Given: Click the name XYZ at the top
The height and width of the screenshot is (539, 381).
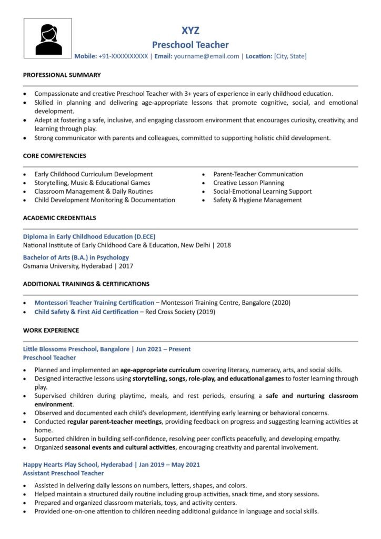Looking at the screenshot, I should (x=190, y=31).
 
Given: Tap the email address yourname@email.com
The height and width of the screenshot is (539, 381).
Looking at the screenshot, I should (x=206, y=56).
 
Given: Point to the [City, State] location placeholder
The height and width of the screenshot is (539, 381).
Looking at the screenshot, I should (x=290, y=56).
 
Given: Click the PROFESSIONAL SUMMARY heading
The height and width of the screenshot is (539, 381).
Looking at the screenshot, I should (x=62, y=75).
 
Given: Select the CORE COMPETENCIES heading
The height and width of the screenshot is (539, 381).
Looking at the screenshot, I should (x=55, y=156).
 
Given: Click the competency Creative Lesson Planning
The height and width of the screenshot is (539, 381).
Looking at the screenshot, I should (x=248, y=183).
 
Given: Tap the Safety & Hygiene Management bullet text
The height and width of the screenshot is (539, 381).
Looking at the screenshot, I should (x=257, y=200).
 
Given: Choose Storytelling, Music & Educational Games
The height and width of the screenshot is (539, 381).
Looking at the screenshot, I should (x=92, y=183).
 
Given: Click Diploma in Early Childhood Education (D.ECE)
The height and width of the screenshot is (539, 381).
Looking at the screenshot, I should (x=89, y=236).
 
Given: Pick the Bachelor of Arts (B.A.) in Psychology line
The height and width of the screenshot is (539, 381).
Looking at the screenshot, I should (x=76, y=257).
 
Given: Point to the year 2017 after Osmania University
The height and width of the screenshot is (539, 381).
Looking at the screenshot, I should (x=126, y=266).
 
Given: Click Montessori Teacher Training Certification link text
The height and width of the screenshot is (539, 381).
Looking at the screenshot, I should (x=94, y=303).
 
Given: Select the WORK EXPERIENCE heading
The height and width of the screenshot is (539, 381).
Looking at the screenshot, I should (x=51, y=331).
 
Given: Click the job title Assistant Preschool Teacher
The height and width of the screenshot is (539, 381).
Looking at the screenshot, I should (x=63, y=473).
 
